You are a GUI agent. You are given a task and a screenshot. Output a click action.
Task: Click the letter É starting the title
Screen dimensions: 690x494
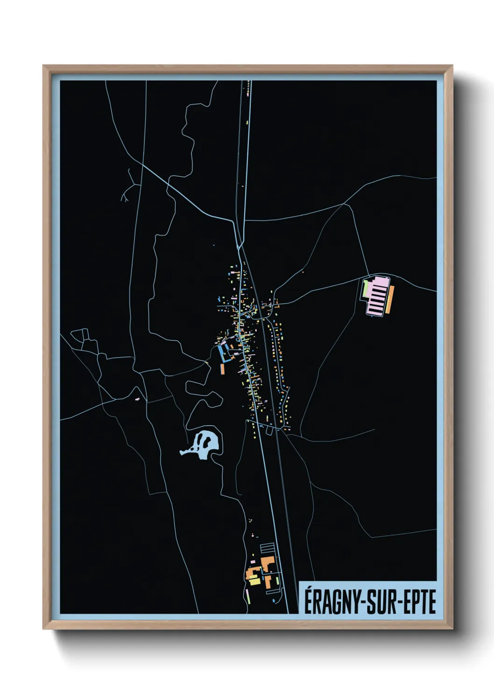click(309, 602)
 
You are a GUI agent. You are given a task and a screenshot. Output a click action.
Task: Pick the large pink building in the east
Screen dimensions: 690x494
click(377, 296)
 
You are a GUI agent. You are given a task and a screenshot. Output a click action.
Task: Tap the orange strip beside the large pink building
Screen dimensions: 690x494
click(391, 300)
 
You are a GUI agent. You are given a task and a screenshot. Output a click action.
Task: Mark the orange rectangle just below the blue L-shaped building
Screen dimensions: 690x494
click(223, 369)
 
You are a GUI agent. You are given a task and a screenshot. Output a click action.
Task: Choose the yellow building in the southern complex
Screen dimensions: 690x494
click(254, 581)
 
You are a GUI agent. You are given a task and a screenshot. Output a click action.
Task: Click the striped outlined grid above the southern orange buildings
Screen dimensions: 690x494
click(267, 548)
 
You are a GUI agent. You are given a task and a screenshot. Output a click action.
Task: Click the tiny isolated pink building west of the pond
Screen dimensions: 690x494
click(137, 400)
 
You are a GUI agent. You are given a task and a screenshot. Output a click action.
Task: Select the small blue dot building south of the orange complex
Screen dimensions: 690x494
click(274, 600)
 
